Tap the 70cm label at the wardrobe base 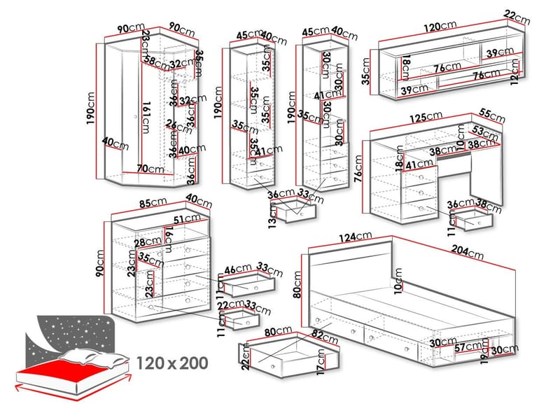[x=150, y=168]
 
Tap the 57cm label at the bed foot [x=467, y=346]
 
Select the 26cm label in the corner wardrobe [x=174, y=125]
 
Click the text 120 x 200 [x=173, y=363]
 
